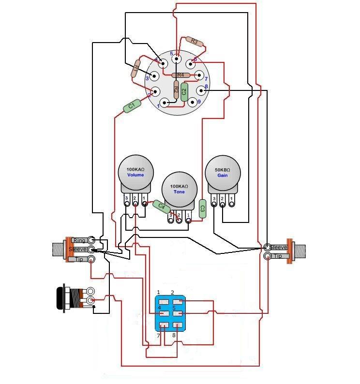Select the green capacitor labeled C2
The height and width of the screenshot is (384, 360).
(184, 92)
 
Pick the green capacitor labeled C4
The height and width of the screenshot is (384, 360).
(162, 207)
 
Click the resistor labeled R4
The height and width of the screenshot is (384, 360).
(181, 75)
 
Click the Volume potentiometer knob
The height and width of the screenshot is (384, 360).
(135, 173)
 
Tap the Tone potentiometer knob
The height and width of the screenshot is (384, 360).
(179, 189)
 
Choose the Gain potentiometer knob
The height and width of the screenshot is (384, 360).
(223, 173)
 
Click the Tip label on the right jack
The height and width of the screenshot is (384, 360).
(278, 256)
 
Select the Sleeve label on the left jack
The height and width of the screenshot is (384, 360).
(78, 250)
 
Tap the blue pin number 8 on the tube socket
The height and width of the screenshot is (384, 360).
(206, 87)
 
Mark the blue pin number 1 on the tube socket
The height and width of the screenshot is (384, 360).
(158, 105)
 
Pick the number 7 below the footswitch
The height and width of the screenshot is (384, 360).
(158, 335)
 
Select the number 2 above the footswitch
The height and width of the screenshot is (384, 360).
(173, 293)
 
